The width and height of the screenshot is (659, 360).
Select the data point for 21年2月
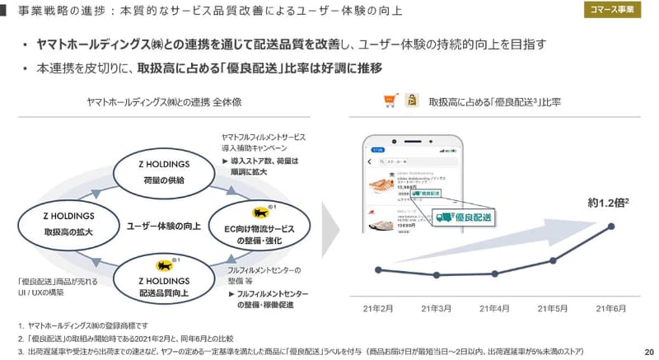tap(377, 269)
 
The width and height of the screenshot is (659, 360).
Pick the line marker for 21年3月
tap(436, 275)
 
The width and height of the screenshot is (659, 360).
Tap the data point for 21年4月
tap(494, 274)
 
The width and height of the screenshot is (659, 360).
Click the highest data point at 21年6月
tap(611, 226)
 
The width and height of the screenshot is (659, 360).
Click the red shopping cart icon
tap(390, 101)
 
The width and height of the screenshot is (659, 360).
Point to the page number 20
tap(648, 351)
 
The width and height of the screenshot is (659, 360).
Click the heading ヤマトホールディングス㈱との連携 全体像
tap(165, 101)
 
